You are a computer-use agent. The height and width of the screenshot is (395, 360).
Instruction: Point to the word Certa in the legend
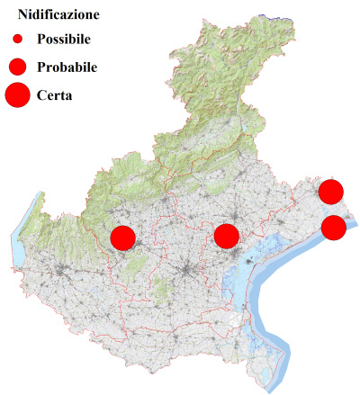pos(55,94)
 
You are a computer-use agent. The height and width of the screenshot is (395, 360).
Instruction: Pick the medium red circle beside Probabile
pos(17,66)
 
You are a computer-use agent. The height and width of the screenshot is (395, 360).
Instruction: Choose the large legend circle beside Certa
pos(17,94)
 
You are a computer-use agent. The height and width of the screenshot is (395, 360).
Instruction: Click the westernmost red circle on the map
pos(122,238)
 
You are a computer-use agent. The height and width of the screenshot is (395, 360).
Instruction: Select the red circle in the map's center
pos(226,237)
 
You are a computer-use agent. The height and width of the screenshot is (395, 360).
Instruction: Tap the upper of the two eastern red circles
pos(330,191)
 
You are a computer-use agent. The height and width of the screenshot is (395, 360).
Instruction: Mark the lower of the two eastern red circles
pos(333,228)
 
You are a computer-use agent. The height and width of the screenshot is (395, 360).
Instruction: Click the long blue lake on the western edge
pos(18,243)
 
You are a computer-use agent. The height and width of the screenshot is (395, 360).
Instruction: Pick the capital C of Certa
pos(42,94)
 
